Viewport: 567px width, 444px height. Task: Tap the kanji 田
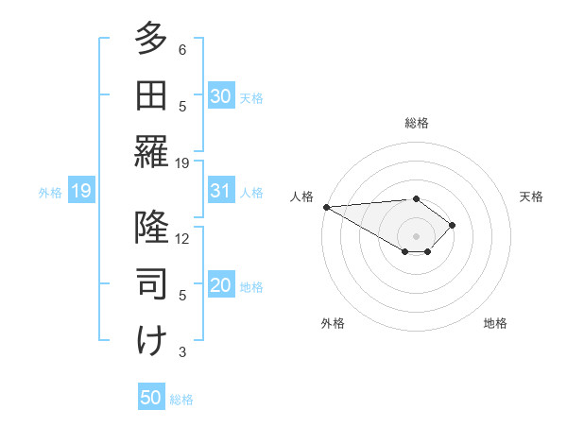point(151,94)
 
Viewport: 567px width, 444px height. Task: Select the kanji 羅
point(151,151)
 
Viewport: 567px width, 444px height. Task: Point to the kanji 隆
point(151,227)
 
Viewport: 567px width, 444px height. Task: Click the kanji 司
point(151,283)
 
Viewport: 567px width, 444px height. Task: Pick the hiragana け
point(151,340)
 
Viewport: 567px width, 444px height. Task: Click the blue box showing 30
point(221,95)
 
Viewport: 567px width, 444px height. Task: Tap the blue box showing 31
point(221,191)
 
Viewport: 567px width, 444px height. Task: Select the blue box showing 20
point(221,286)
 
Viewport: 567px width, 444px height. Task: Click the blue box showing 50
point(151,398)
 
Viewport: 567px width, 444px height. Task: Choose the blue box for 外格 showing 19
point(80,191)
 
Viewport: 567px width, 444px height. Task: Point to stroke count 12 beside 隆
point(182,238)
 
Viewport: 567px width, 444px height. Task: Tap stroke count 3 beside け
point(182,352)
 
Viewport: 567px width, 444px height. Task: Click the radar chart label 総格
point(416,123)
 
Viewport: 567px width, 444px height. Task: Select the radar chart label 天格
point(531,196)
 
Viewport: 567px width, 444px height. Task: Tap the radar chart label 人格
point(302,196)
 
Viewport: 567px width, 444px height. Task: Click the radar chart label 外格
point(332,323)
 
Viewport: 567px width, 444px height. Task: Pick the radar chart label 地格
point(495,323)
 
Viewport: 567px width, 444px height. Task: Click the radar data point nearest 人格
point(325,207)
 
